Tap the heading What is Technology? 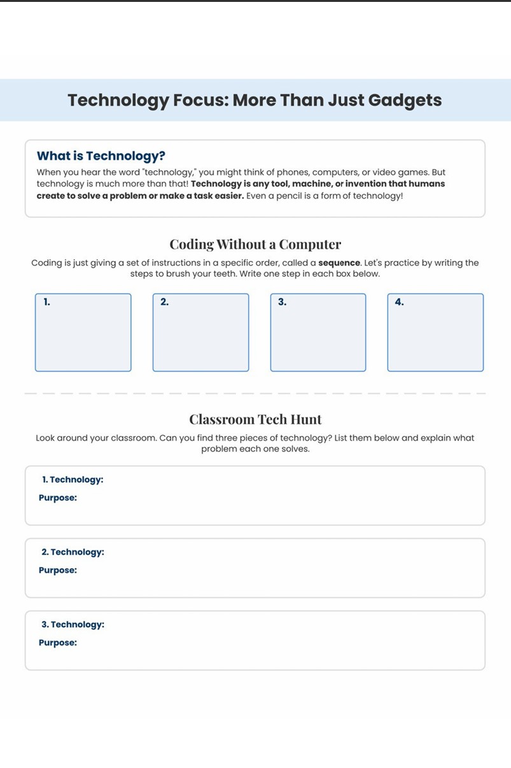click(101, 156)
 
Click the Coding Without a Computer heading click(255, 244)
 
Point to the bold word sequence click(339, 263)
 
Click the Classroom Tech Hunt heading click(255, 419)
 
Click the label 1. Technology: click(73, 480)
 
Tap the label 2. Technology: click(73, 552)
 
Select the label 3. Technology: click(73, 625)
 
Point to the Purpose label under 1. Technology click(58, 498)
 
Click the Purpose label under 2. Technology click(58, 570)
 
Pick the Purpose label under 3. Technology click(58, 643)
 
